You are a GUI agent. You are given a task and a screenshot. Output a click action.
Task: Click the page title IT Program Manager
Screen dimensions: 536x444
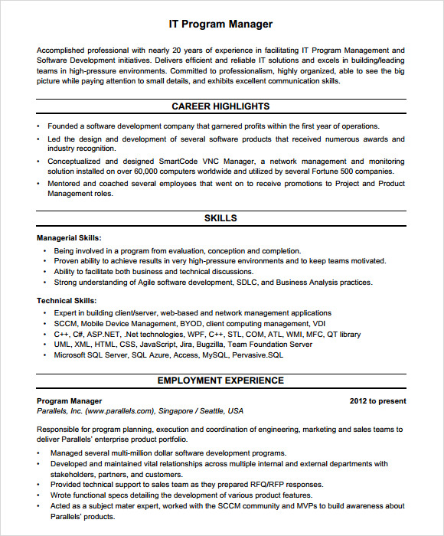click(220, 25)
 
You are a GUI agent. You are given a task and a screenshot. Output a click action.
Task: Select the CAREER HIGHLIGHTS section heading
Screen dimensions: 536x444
click(220, 106)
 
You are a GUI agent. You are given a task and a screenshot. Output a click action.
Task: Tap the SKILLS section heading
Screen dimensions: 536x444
click(220, 218)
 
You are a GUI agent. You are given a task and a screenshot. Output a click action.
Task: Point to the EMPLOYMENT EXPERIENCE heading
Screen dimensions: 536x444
click(220, 381)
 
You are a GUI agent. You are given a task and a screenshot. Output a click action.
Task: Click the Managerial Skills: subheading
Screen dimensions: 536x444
click(69, 238)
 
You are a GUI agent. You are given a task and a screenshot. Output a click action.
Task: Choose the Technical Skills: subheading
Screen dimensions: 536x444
click(67, 301)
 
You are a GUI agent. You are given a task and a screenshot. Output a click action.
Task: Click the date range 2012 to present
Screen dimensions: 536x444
click(377, 400)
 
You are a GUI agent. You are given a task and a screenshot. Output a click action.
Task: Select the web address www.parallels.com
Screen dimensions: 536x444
click(119, 411)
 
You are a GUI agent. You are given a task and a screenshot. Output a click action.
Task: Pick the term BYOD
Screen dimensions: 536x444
click(191, 323)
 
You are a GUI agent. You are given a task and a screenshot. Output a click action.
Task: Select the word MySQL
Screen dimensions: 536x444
click(217, 355)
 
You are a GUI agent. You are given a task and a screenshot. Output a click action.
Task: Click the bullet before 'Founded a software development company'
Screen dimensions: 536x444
click(39, 126)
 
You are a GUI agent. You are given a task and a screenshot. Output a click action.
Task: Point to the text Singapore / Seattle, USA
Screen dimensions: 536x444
click(201, 411)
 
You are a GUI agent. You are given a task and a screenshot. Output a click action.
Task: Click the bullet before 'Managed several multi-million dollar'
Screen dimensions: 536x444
click(39, 453)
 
